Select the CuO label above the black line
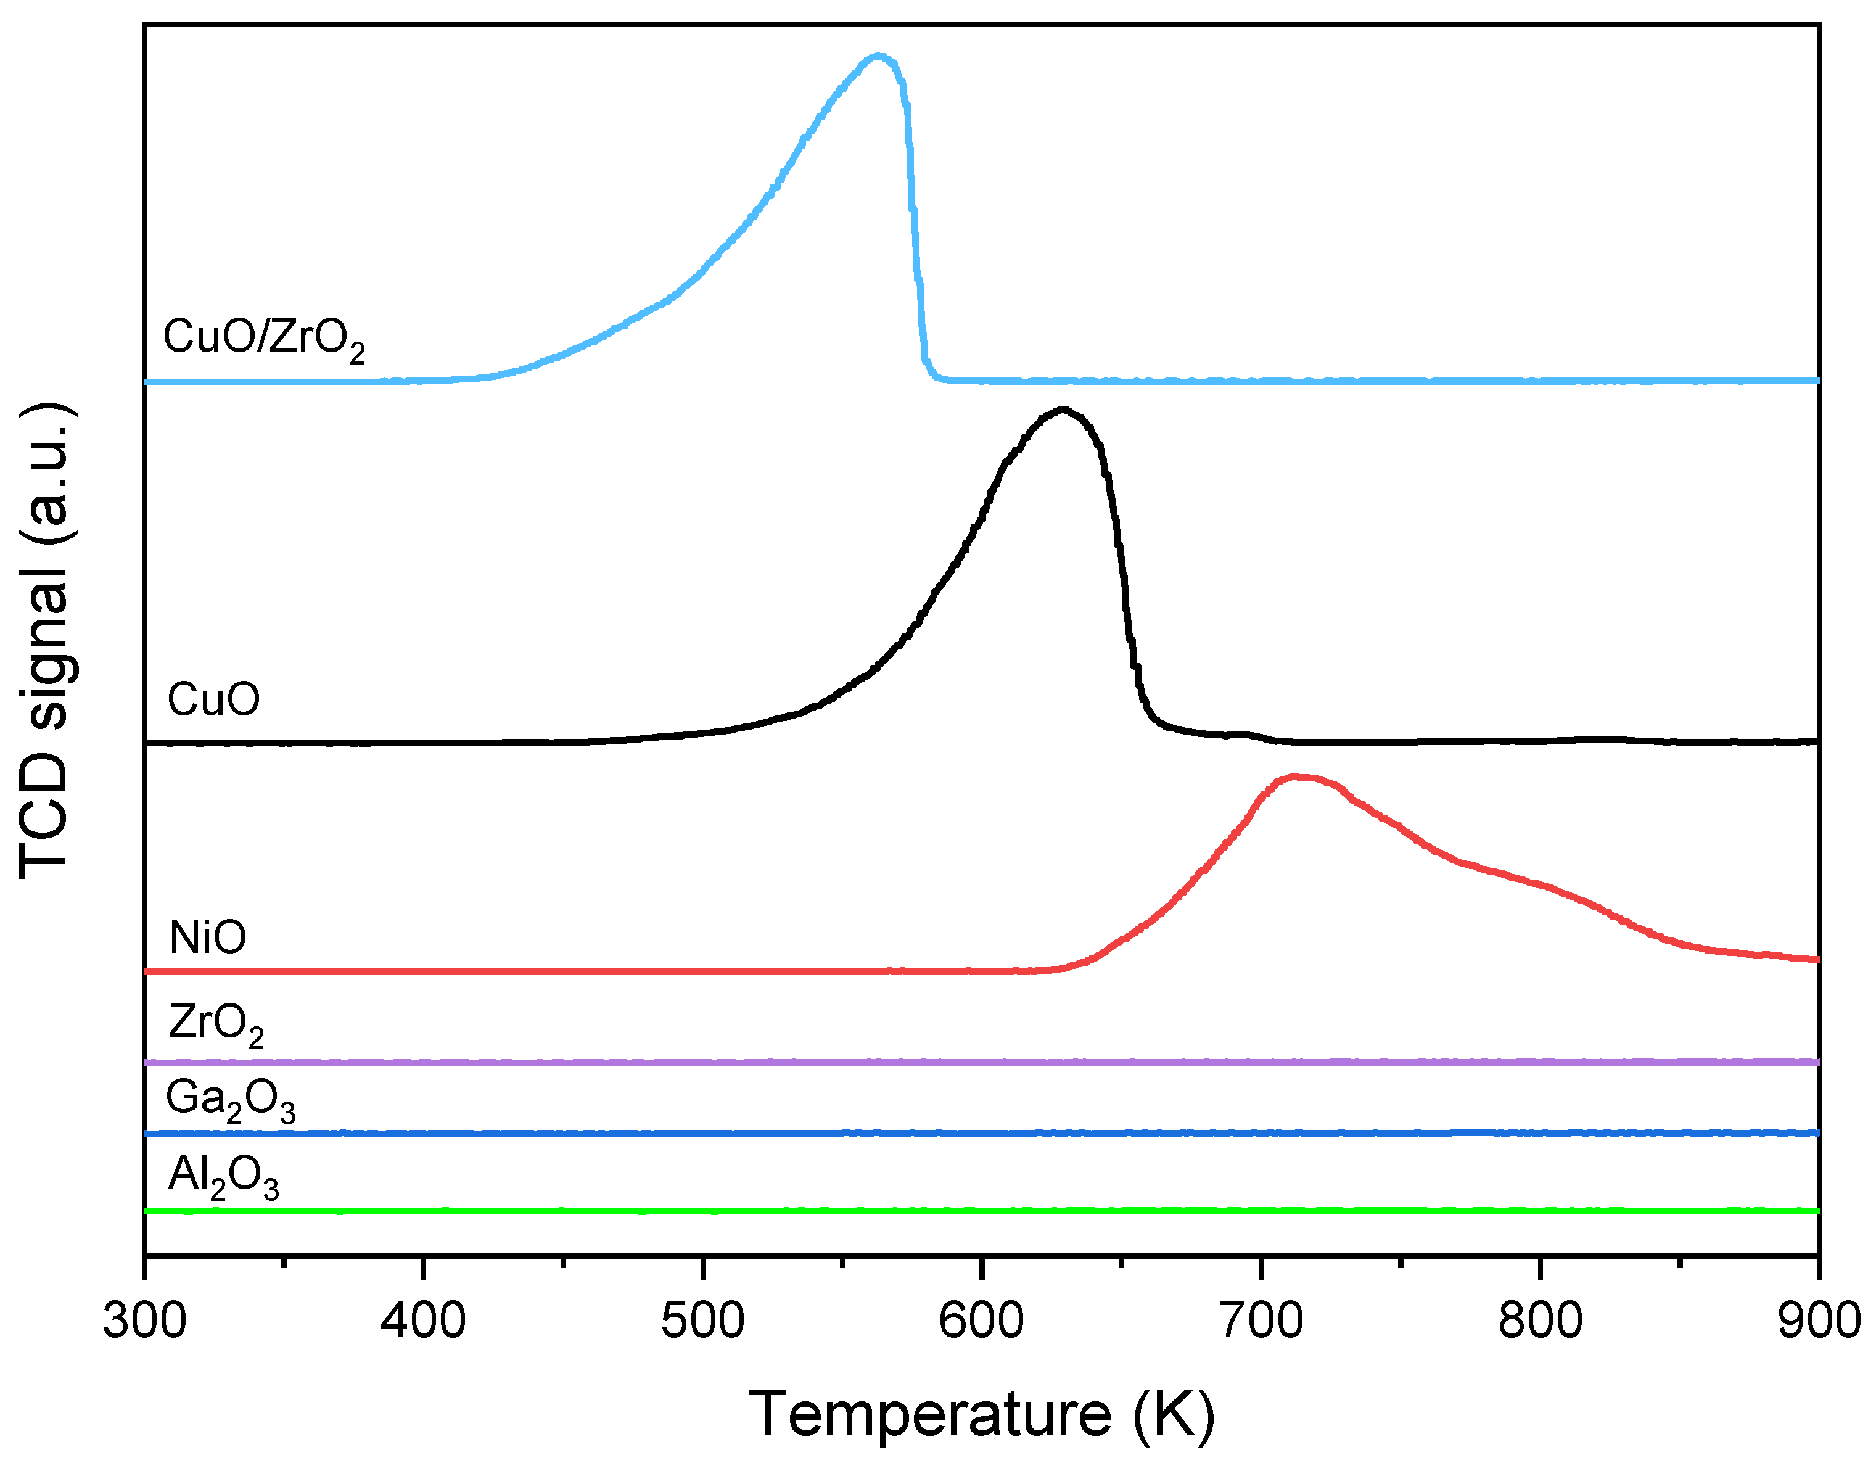(x=213, y=699)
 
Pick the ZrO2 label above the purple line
(x=216, y=1023)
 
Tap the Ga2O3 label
(x=230, y=1100)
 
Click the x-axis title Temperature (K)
(x=982, y=1413)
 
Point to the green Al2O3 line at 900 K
(x=1817, y=1211)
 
